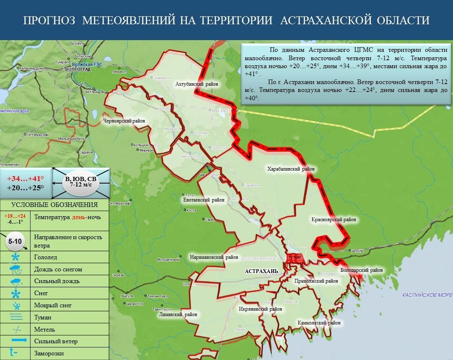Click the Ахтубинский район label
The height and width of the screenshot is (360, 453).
pyautogui.click(x=197, y=84)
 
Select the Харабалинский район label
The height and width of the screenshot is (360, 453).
pyautogui.click(x=291, y=169)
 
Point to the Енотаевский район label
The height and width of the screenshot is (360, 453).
pyautogui.click(x=204, y=200)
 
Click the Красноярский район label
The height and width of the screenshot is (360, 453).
pyautogui.click(x=333, y=220)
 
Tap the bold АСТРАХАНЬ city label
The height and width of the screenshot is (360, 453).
pyautogui.click(x=261, y=271)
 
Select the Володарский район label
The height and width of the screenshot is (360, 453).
pyautogui.click(x=361, y=271)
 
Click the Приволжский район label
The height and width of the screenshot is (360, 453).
pyautogui.click(x=316, y=281)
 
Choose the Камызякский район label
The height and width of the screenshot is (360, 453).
pyautogui.click(x=319, y=323)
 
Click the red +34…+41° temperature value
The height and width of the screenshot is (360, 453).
pyautogui.click(x=25, y=179)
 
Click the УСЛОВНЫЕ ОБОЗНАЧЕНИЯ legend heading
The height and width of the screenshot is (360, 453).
pyautogui.click(x=54, y=205)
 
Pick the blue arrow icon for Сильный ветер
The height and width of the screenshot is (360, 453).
pyautogui.click(x=16, y=341)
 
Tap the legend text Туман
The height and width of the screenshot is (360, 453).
pyautogui.click(x=43, y=317)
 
